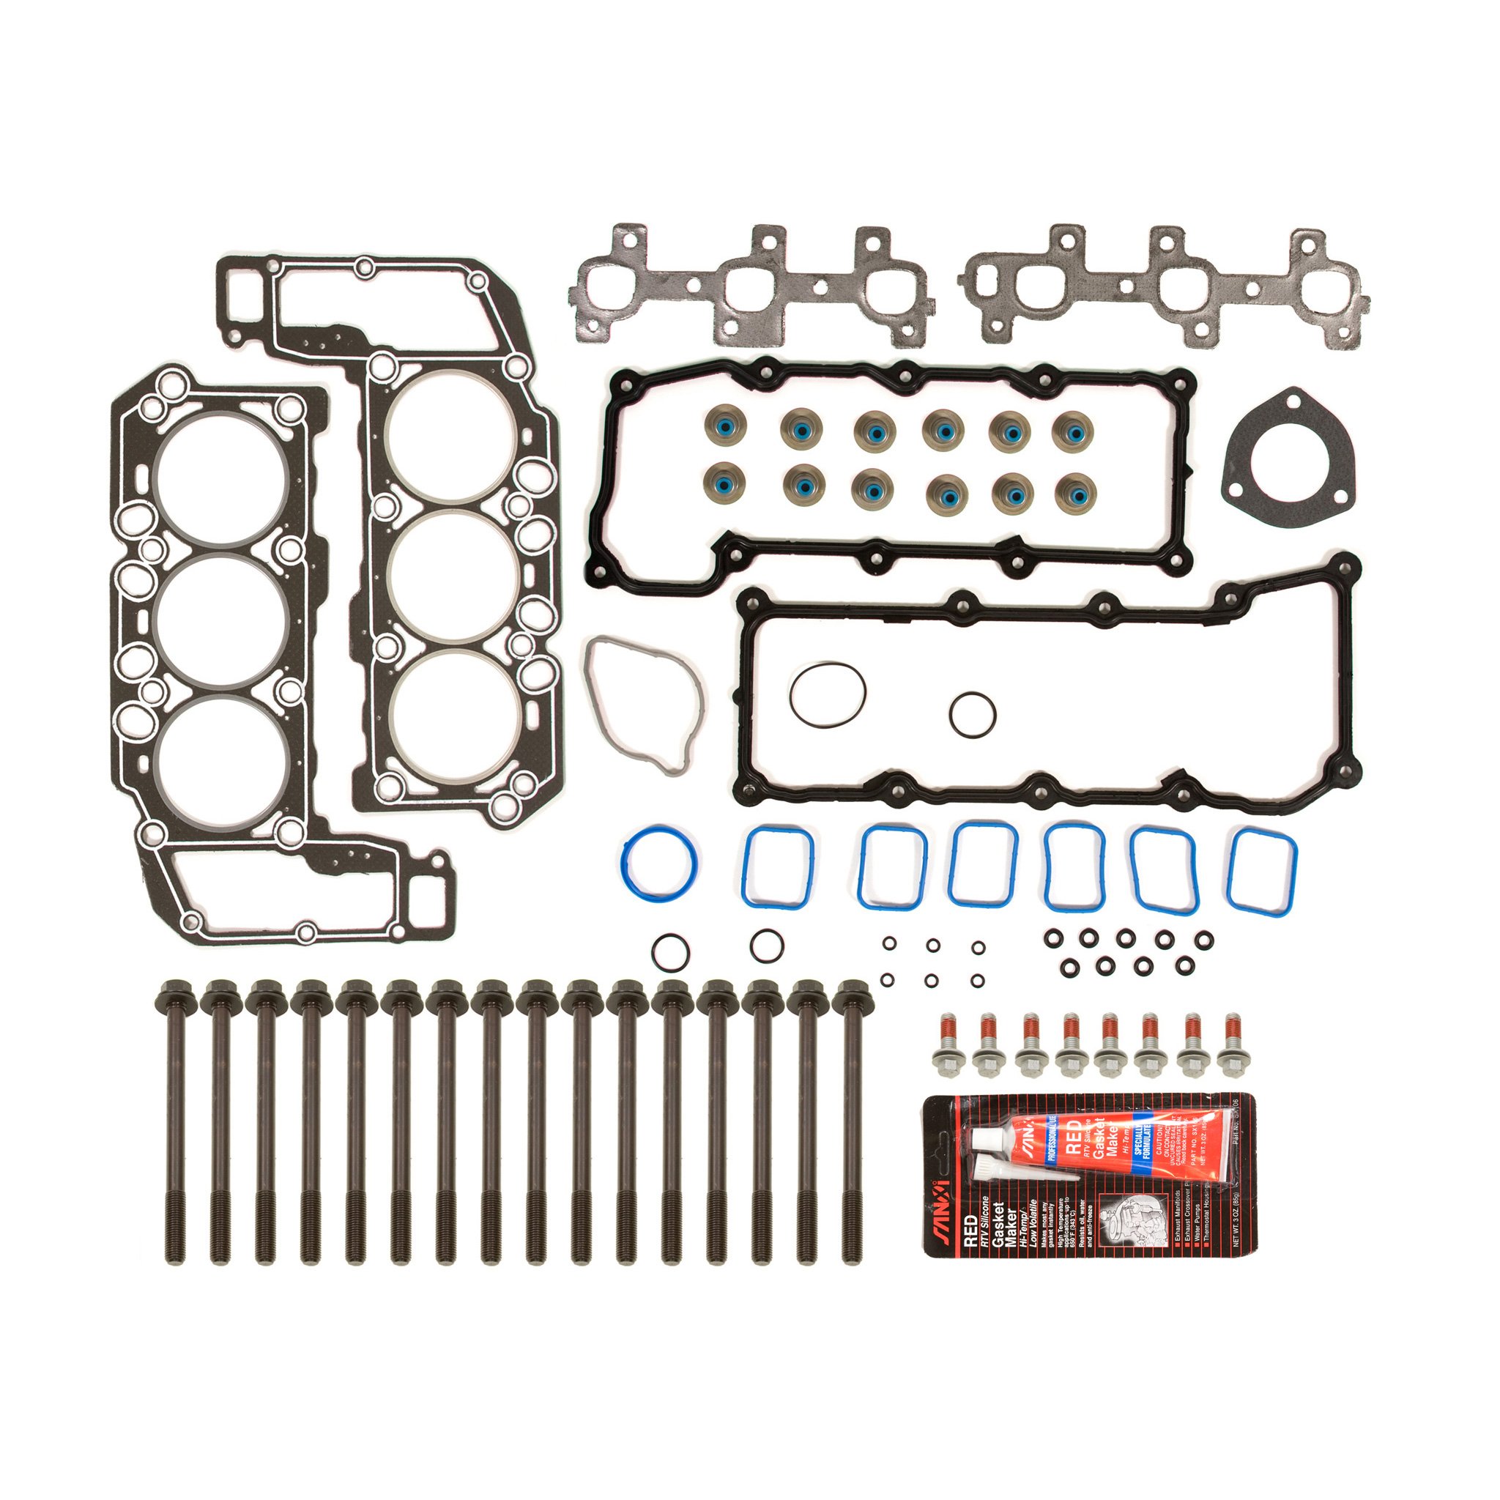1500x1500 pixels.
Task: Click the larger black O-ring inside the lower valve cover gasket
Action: coord(828,696)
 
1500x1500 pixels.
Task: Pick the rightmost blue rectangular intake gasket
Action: coord(1262,869)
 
